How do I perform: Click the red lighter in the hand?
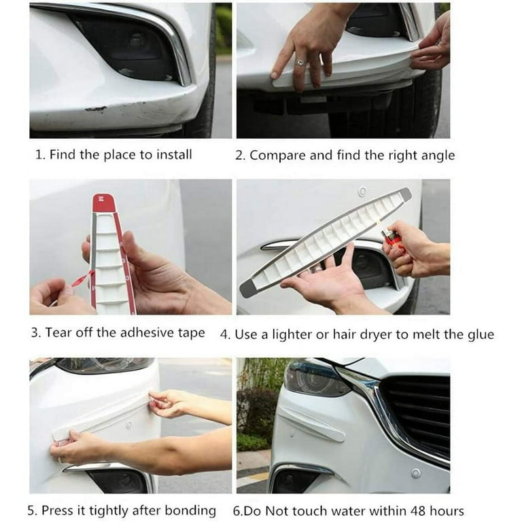(x=391, y=237)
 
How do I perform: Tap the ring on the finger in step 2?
(x=300, y=62)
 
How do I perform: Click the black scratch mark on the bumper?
(x=96, y=109)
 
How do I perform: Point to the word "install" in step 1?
(x=174, y=155)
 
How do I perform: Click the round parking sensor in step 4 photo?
(x=362, y=192)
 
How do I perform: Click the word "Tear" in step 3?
(x=58, y=332)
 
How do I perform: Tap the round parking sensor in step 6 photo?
(x=415, y=473)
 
